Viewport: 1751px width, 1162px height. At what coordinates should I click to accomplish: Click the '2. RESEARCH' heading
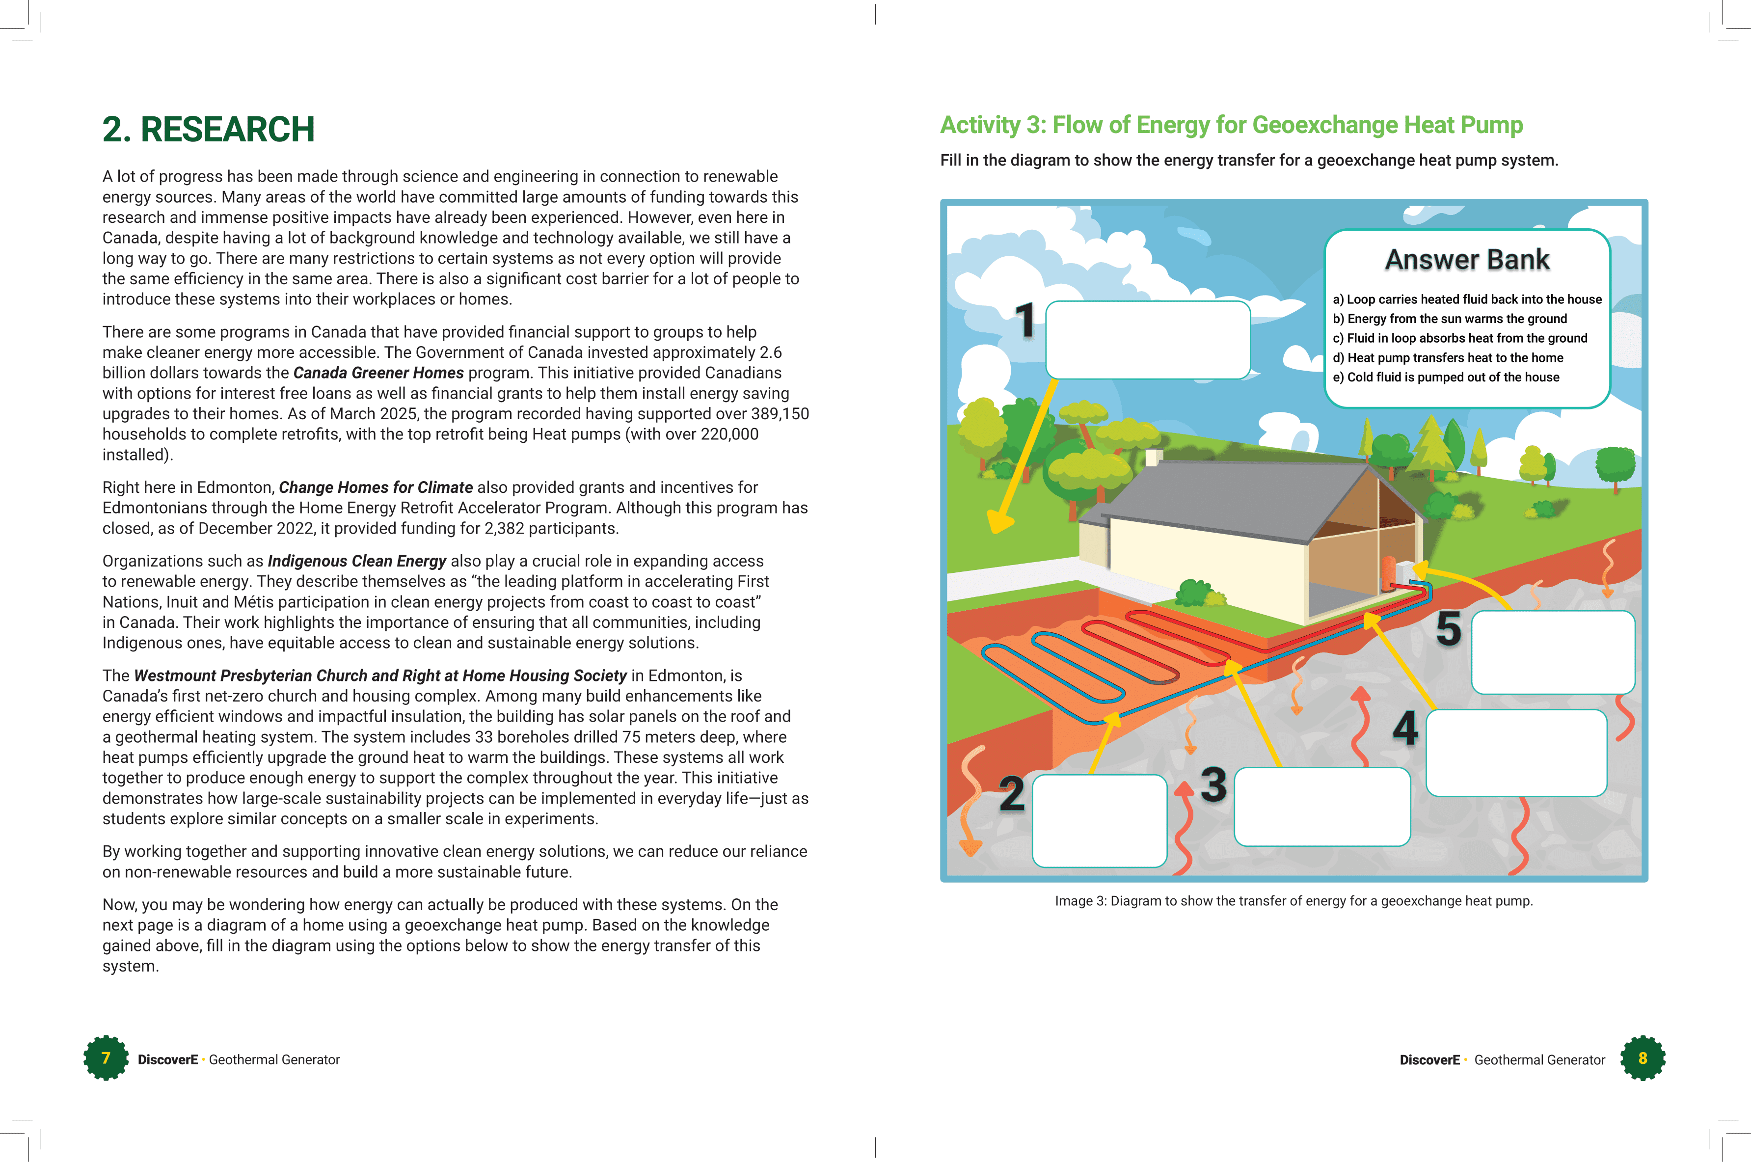208,130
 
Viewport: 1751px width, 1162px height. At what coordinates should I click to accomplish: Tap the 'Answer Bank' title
1466,259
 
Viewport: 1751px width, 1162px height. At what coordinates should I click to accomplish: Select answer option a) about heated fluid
1466,299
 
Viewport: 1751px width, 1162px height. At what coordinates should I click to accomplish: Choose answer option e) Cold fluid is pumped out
1445,377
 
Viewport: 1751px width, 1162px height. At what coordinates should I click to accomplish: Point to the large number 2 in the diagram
1011,794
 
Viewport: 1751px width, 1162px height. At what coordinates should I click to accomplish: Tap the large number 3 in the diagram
1213,785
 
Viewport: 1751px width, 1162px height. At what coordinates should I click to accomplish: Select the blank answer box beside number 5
1552,652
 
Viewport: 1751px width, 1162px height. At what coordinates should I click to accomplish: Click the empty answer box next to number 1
1147,339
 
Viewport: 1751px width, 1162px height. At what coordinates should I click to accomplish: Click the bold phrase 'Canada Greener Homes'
378,373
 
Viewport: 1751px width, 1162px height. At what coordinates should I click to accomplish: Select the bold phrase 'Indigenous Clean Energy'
356,561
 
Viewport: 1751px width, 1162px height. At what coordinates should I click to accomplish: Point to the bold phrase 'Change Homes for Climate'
375,487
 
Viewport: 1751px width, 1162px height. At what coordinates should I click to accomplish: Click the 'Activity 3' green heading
1231,125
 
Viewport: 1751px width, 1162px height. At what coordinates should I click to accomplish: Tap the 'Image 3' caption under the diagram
1293,901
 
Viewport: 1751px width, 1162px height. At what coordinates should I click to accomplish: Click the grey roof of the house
1238,496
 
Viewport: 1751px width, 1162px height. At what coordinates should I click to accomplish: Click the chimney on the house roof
1153,457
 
